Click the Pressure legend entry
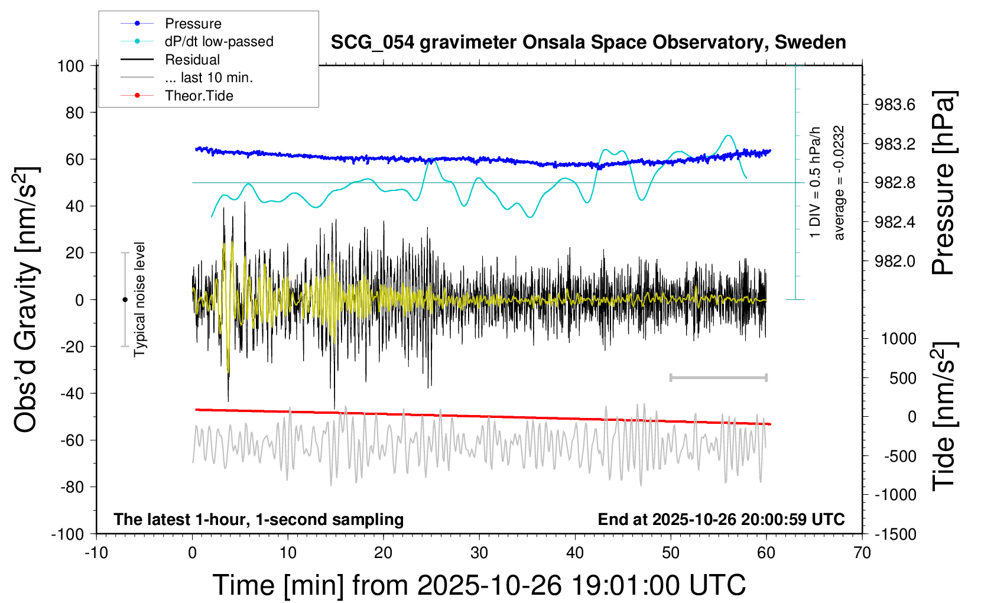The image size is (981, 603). click(193, 24)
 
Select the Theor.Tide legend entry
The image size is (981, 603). click(199, 96)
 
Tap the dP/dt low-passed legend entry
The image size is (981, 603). click(219, 41)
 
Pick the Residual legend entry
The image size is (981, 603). click(192, 60)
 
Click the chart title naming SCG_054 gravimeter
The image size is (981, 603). click(588, 43)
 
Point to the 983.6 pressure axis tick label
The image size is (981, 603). click(895, 105)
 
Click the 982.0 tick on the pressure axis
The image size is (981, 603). click(895, 261)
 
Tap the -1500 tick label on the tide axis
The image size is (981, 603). click(895, 534)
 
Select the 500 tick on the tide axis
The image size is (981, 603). click(902, 378)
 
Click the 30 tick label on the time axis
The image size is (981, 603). click(479, 553)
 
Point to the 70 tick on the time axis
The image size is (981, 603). click(862, 553)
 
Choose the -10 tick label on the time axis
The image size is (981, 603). click(96, 553)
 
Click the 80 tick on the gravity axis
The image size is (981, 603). click(74, 112)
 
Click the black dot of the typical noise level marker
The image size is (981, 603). click(125, 300)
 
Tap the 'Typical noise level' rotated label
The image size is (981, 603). click(139, 299)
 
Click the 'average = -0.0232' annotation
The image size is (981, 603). click(839, 183)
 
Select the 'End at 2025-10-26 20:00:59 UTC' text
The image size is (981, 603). click(721, 519)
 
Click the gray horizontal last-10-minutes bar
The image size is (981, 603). click(718, 377)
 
